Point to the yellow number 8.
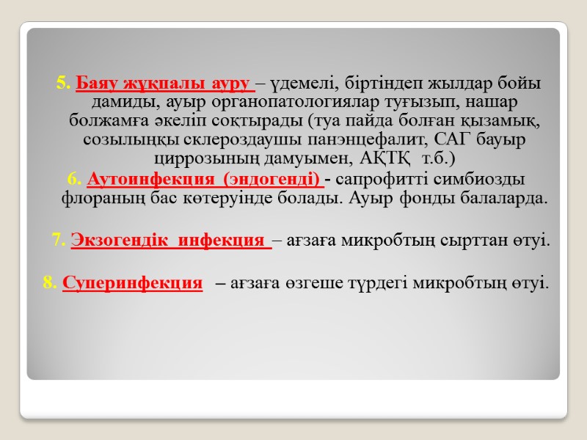(x=51, y=282)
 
